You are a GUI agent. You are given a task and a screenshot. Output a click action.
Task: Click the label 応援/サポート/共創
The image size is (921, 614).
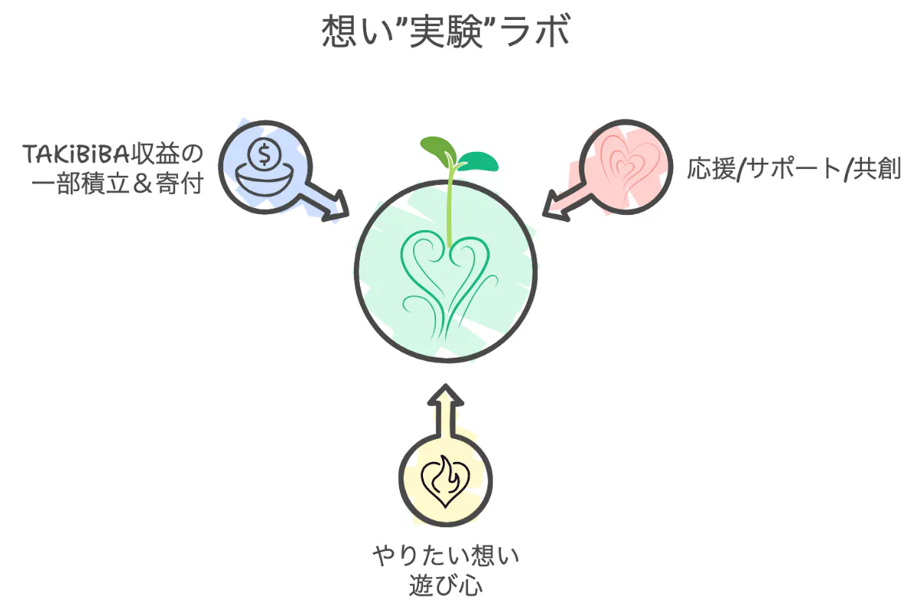click(x=794, y=169)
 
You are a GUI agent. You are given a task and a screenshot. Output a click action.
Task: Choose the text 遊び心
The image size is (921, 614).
click(x=446, y=586)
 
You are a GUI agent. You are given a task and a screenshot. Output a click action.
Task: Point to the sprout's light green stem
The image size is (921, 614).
click(x=449, y=207)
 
